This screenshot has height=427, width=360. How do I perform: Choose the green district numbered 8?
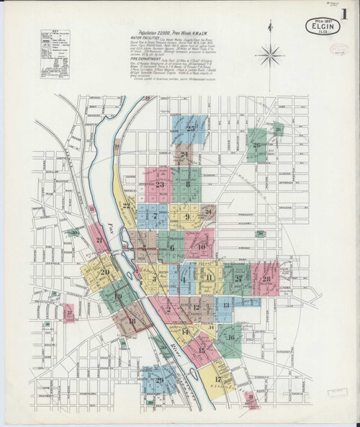[189, 184]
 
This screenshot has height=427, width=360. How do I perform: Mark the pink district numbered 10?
[202, 249]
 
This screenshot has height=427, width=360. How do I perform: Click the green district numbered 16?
[230, 336]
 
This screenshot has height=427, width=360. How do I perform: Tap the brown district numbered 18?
[132, 321]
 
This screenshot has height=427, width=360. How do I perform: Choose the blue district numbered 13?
[225, 306]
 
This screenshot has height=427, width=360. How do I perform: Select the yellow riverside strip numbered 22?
[127, 208]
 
